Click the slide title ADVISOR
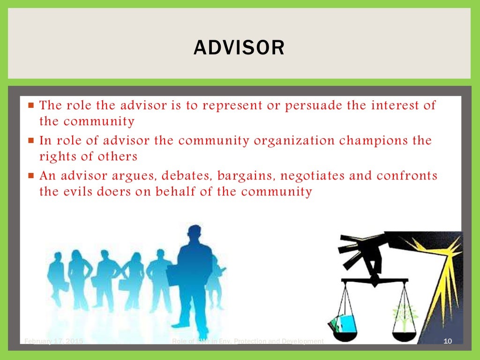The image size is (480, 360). [x=239, y=48]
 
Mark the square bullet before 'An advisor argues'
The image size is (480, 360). [x=31, y=176]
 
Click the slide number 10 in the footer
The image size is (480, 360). [x=447, y=341]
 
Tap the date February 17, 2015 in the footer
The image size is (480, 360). [x=53, y=341]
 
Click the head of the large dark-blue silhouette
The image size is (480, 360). [x=194, y=235]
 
